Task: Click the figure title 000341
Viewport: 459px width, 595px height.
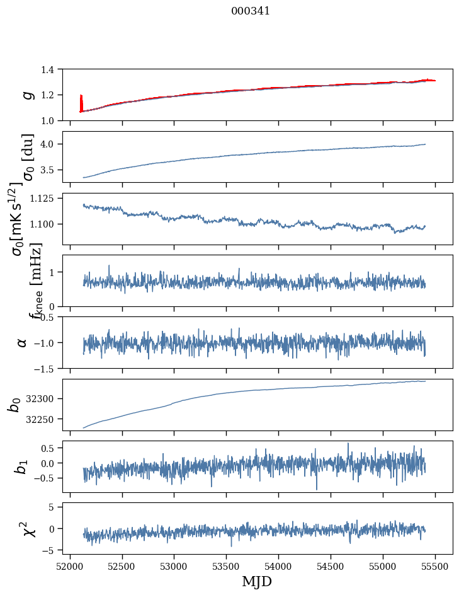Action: click(251, 11)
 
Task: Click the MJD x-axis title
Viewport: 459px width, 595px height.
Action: click(257, 581)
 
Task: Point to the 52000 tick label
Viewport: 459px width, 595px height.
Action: click(70, 565)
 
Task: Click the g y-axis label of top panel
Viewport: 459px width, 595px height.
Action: click(27, 95)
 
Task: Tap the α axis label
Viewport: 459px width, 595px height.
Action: click(22, 342)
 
